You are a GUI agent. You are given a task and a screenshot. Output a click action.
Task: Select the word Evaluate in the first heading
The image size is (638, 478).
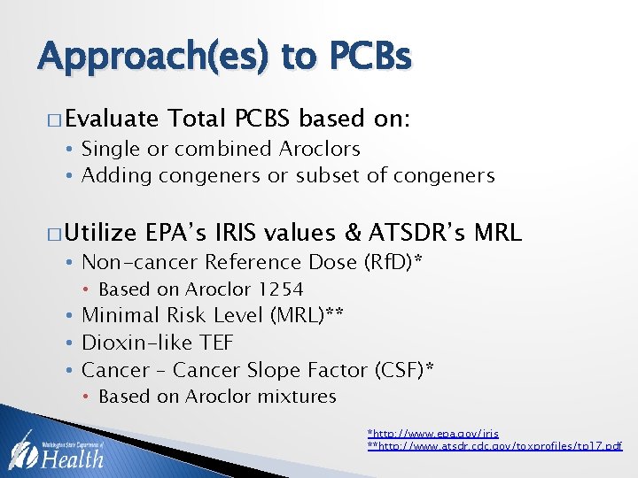[111, 119]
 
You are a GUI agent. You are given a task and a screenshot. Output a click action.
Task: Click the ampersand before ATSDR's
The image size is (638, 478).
[353, 233]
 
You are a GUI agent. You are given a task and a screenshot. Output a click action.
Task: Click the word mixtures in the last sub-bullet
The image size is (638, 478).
[297, 397]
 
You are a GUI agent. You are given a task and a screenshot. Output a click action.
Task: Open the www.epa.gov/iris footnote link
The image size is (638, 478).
[433, 433]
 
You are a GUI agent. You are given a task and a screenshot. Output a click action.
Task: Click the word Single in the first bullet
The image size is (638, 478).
[108, 149]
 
